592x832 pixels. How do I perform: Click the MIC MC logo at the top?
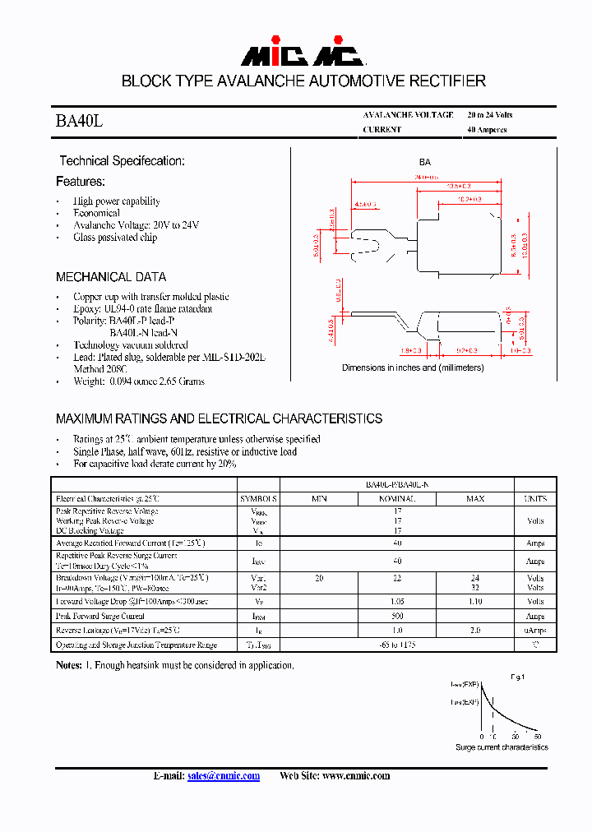[302, 55]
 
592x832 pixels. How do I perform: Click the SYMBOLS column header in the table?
[259, 499]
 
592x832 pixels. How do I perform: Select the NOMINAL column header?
[397, 499]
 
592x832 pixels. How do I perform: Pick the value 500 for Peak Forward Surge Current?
[397, 616]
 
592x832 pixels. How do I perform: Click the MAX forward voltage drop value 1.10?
[474, 602]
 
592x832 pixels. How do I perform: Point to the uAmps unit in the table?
[535, 631]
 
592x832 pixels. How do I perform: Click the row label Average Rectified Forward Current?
[130, 543]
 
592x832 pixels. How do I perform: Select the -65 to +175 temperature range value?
[397, 645]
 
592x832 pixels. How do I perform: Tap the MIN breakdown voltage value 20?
[319, 579]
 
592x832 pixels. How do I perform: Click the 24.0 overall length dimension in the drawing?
[426, 178]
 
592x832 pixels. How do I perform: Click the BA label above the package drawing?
[425, 163]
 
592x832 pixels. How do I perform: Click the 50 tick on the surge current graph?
[516, 736]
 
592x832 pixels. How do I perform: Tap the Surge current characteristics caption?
[502, 747]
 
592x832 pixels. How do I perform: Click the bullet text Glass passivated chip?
[115, 238]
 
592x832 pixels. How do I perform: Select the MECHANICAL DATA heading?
[111, 277]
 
